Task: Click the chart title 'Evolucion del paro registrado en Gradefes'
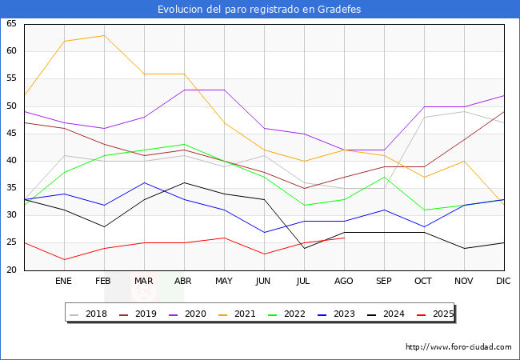click(259, 9)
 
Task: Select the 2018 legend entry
click(89, 314)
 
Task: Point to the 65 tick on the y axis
click(11, 24)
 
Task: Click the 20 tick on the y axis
click(11, 270)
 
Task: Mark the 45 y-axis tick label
click(11, 134)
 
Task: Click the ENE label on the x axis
click(64, 282)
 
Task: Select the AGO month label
click(344, 282)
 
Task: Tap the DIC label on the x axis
click(503, 282)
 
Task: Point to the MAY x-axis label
click(224, 282)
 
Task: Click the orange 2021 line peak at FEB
click(104, 35)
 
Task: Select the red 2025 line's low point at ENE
click(64, 259)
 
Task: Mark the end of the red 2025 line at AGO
click(344, 238)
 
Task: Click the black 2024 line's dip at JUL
click(304, 248)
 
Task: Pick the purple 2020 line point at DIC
click(503, 95)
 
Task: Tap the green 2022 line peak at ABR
click(184, 145)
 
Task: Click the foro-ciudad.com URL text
click(458, 347)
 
